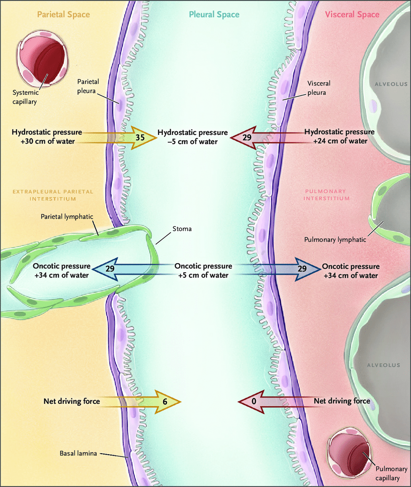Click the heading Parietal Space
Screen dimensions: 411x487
pos(64,15)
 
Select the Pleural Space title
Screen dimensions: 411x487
pos(214,15)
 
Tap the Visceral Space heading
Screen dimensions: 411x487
pos(352,15)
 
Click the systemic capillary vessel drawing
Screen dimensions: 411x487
pos(43,59)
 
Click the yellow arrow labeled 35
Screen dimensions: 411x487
pos(119,137)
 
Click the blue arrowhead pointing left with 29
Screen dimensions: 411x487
pos(105,269)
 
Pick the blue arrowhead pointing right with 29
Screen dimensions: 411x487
pos(308,269)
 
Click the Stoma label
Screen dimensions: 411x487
pos(182,229)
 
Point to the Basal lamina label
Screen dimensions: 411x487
pos(78,454)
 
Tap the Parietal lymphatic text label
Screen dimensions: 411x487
pos(67,217)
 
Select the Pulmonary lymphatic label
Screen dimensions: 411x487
pos(335,239)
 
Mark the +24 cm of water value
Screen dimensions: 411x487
pos(340,141)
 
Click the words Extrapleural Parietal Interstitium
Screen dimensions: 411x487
pos(53,195)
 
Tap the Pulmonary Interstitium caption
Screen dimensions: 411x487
pos(326,195)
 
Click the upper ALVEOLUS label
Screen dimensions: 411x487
pos(391,84)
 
